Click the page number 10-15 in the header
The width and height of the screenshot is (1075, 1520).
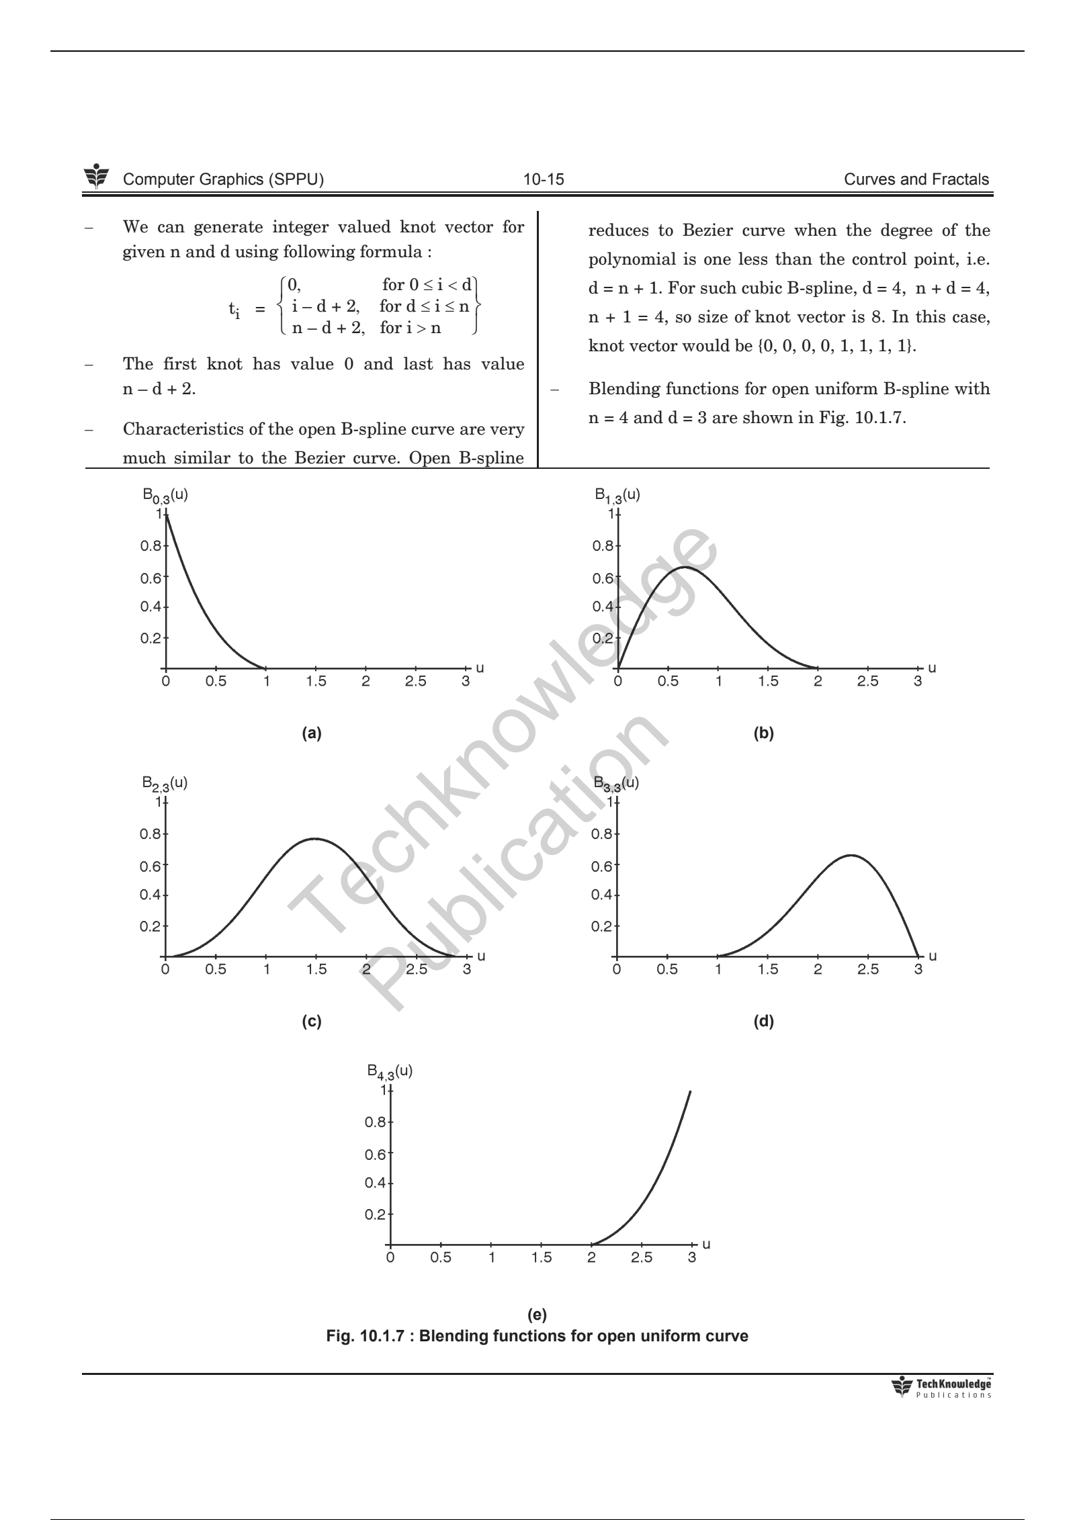544,179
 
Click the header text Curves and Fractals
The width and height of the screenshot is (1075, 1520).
916,179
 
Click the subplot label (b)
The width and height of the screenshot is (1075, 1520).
764,733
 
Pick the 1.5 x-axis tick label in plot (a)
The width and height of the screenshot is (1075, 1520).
316,682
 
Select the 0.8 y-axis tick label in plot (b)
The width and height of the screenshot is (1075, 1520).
601,546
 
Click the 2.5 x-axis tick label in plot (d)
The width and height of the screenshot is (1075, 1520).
867,969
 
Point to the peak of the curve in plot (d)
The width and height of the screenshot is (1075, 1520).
851,855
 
